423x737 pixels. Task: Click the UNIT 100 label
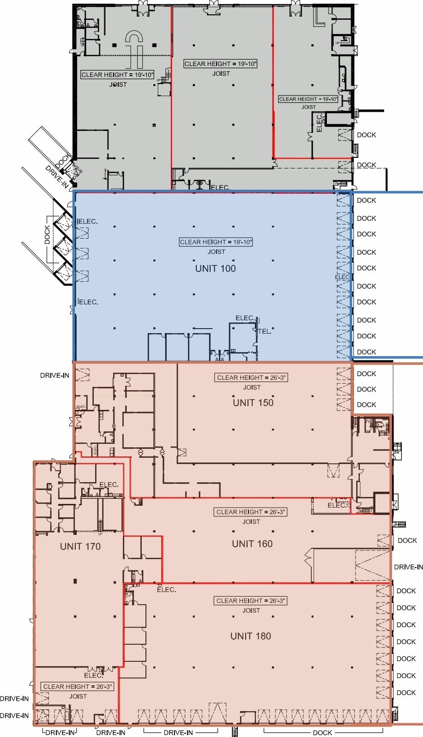tap(215, 269)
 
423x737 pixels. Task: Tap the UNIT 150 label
tap(253, 402)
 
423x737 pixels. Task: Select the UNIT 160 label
tap(252, 544)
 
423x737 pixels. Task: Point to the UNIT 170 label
tap(80, 546)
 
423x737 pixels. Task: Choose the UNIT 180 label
tap(251, 636)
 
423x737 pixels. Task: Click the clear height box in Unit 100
tap(216, 242)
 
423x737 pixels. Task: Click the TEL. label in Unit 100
tap(265, 331)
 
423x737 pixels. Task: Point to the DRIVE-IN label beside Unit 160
tap(408, 567)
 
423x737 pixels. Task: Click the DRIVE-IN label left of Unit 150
tap(54, 375)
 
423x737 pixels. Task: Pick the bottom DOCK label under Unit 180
tap(322, 732)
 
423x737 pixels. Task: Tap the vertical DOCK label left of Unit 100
tap(47, 234)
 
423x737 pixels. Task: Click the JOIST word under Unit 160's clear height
tap(251, 521)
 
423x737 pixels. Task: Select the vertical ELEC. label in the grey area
tap(319, 123)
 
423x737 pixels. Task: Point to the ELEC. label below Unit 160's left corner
tap(166, 589)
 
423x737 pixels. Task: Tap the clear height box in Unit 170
tap(78, 686)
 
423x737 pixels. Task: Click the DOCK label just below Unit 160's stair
tap(407, 540)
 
